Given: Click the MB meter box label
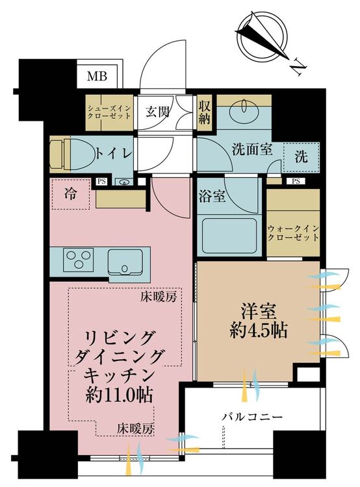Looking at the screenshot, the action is (x=97, y=75).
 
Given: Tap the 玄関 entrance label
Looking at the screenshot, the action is (x=158, y=112).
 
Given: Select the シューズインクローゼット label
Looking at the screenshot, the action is (x=109, y=112).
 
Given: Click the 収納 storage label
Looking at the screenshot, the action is (x=204, y=113).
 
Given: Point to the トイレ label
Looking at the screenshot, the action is (x=114, y=153).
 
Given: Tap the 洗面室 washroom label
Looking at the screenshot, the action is (x=252, y=150).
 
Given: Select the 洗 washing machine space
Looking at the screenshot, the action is (x=302, y=157).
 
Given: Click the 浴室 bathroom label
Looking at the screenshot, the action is (x=212, y=196).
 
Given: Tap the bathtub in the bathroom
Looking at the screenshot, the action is (x=229, y=236).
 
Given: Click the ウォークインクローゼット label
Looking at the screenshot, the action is (x=293, y=233).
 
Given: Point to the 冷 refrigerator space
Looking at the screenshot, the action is (x=71, y=194).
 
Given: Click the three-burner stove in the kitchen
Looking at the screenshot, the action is (x=79, y=259).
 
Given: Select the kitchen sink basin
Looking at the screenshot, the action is (x=125, y=262).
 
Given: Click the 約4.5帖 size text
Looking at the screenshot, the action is (x=259, y=331).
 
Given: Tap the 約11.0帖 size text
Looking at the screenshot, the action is (x=119, y=395).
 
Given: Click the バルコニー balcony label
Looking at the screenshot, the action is (x=252, y=416).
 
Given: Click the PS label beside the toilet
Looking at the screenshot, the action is (x=101, y=182).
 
